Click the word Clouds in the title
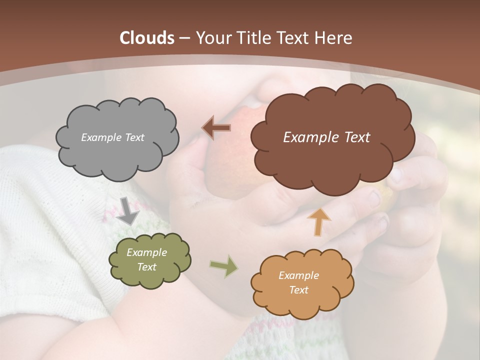click(146, 38)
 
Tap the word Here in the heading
click(334, 38)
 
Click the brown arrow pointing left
click(216, 128)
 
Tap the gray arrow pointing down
click(128, 210)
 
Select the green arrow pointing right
click(223, 266)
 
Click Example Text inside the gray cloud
click(112, 137)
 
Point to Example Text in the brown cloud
click(326, 137)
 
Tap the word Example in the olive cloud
click(146, 253)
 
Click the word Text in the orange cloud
click(298, 290)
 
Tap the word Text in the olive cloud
click(146, 267)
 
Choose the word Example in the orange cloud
click(298, 275)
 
